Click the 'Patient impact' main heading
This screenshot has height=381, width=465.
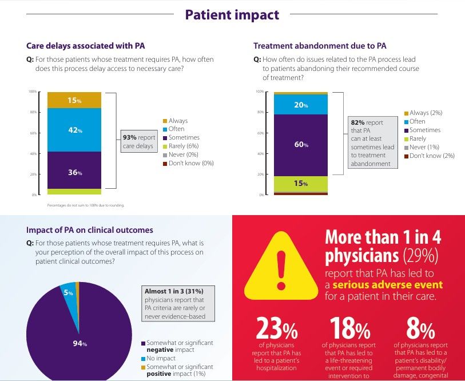tap(232, 15)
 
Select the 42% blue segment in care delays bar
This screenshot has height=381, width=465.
tap(74, 130)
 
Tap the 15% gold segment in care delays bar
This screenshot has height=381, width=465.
tap(74, 100)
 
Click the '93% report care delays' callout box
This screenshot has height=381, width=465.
tap(138, 141)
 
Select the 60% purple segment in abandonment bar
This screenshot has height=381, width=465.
tap(301, 145)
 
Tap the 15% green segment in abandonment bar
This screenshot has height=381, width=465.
tap(301, 184)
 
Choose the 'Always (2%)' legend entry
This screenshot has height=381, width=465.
tap(426, 113)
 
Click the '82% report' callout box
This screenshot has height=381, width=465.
tap(372, 142)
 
